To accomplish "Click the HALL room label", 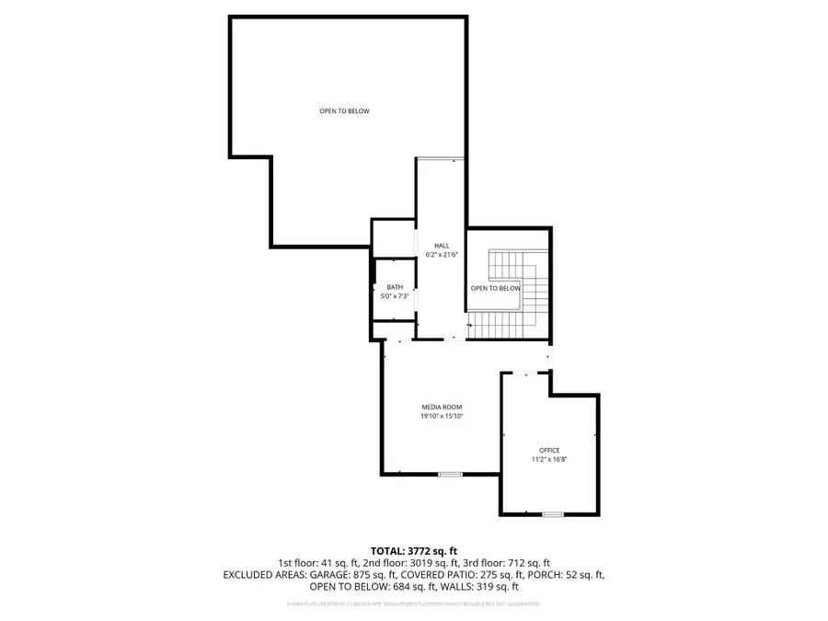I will click(442, 246).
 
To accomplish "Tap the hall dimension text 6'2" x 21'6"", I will click(442, 254).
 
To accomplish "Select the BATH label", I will click(395, 287).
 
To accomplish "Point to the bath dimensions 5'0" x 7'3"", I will click(395, 295).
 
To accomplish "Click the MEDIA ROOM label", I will click(442, 407).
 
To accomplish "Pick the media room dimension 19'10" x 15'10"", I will click(442, 416).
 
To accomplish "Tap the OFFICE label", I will click(549, 450).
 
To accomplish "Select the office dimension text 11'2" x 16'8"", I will click(549, 458).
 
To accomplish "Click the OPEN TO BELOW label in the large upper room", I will click(344, 111).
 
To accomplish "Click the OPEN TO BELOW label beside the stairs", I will click(496, 288).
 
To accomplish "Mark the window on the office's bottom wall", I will click(552, 513).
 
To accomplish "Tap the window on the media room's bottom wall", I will click(450, 474).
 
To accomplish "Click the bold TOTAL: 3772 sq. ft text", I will click(413, 549).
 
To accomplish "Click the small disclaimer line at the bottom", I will click(413, 604).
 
